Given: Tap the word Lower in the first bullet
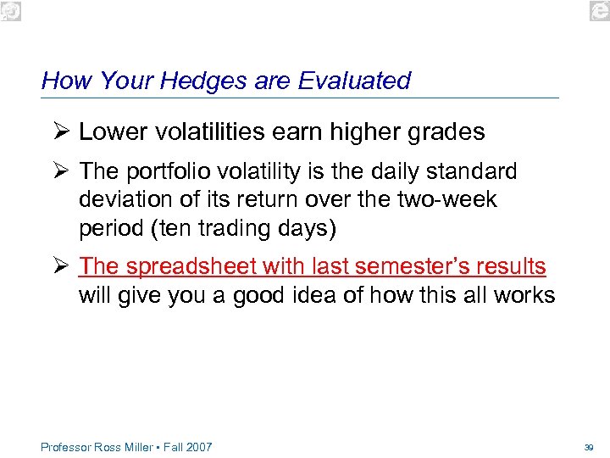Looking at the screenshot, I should [x=110, y=132].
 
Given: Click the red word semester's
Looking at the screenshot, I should [x=401, y=266].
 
